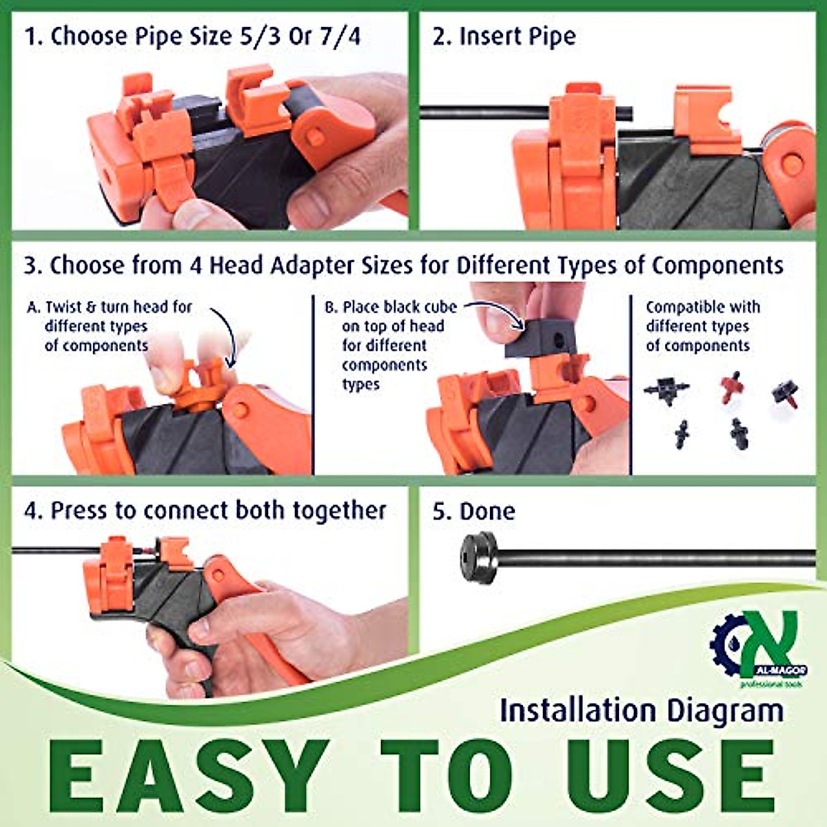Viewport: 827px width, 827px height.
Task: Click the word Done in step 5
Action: pos(487,511)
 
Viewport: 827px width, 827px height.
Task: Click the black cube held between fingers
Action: pos(540,339)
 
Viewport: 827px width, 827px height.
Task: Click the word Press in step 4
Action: pos(80,511)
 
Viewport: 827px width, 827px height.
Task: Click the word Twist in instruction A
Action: pos(63,307)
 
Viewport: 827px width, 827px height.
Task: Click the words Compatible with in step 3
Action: pos(703,307)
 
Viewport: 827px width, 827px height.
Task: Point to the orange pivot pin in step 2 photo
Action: pos(793,164)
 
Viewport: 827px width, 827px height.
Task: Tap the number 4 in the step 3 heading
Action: pos(196,265)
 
